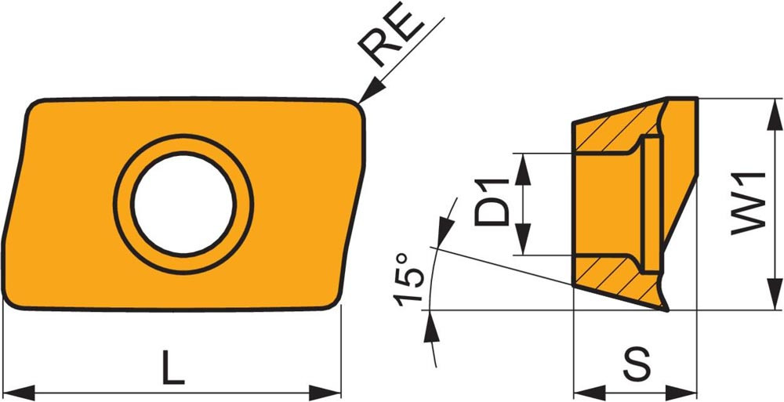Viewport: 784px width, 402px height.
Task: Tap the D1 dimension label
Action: pos(492,202)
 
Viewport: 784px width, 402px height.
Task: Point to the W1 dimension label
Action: pos(749,203)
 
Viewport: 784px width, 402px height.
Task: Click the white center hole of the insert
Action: pos(183,204)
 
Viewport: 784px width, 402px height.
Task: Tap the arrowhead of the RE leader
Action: pos(370,93)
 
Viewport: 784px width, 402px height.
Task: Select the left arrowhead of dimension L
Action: pos(19,393)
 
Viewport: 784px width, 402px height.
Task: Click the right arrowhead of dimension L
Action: pos(325,393)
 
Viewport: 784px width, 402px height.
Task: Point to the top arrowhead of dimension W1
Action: pos(775,115)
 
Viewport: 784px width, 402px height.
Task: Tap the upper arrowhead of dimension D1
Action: pos(523,169)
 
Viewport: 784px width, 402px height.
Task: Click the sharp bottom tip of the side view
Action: pos(667,310)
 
